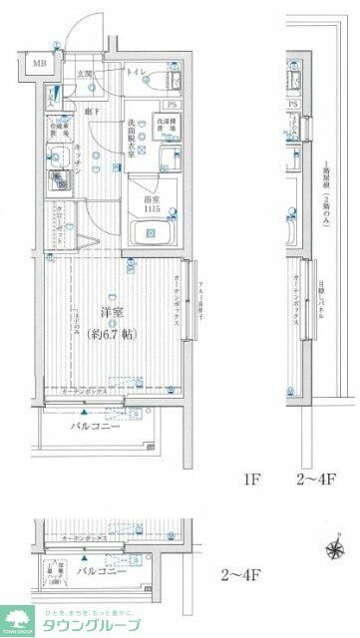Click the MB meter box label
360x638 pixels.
40,65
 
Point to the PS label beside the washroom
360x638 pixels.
171,104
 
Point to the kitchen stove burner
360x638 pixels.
52,182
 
